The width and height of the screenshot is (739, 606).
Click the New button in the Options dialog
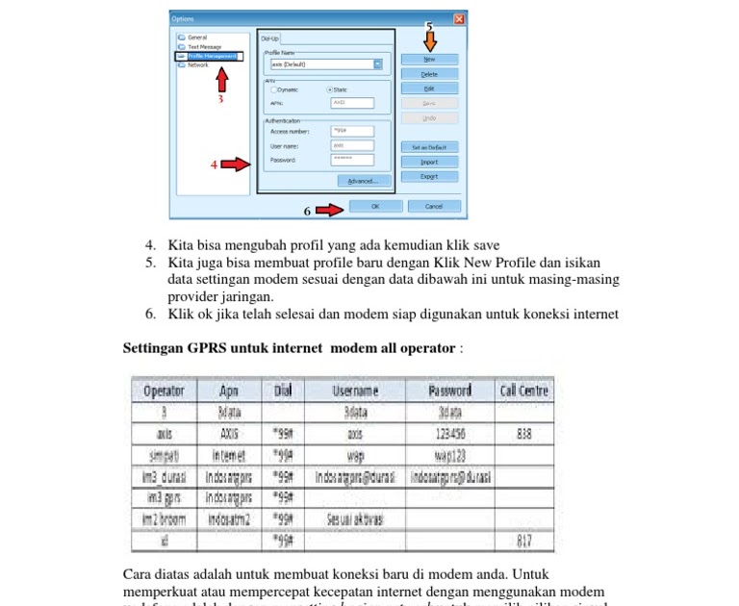pyautogui.click(x=429, y=60)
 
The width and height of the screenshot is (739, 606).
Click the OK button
pyautogui.click(x=375, y=206)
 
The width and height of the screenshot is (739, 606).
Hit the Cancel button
pyautogui.click(x=434, y=206)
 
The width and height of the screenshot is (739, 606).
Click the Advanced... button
pyautogui.click(x=364, y=181)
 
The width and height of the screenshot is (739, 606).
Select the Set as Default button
pyautogui.click(x=429, y=147)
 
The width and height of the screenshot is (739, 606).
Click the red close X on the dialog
pyautogui.click(x=459, y=19)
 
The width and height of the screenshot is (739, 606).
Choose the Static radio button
pyautogui.click(x=329, y=89)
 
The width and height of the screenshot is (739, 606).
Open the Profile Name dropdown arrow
pyautogui.click(x=378, y=64)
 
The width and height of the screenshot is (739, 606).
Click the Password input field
pyautogui.click(x=352, y=160)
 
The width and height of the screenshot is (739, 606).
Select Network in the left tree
pyautogui.click(x=197, y=65)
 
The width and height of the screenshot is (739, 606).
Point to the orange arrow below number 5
pyautogui.click(x=429, y=40)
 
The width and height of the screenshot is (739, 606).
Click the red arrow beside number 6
pyautogui.click(x=329, y=210)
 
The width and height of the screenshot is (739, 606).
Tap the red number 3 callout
pyautogui.click(x=220, y=99)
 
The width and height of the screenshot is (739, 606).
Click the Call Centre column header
pyautogui.click(x=524, y=391)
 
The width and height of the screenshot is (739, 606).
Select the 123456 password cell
pyautogui.click(x=449, y=434)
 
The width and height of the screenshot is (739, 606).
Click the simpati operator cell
pyautogui.click(x=164, y=455)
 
